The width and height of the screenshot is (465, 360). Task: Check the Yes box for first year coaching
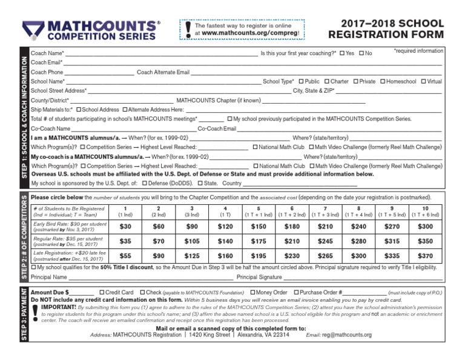(342, 53)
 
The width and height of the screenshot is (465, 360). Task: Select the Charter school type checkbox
(327, 81)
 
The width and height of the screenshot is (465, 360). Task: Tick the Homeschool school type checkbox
(382, 81)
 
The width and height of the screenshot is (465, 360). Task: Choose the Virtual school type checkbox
(423, 81)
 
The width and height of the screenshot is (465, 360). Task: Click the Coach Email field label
(46, 62)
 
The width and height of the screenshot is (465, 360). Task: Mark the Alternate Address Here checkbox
(125, 110)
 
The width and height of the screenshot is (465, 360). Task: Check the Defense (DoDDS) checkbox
(143, 182)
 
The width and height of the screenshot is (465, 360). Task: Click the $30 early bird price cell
(125, 227)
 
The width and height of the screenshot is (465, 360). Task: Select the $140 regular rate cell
(225, 241)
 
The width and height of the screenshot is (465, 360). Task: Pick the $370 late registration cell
(425, 256)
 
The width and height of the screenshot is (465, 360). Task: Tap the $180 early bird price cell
(292, 227)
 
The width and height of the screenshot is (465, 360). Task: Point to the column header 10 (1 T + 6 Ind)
(425, 212)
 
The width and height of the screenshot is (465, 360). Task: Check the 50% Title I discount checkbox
(33, 267)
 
